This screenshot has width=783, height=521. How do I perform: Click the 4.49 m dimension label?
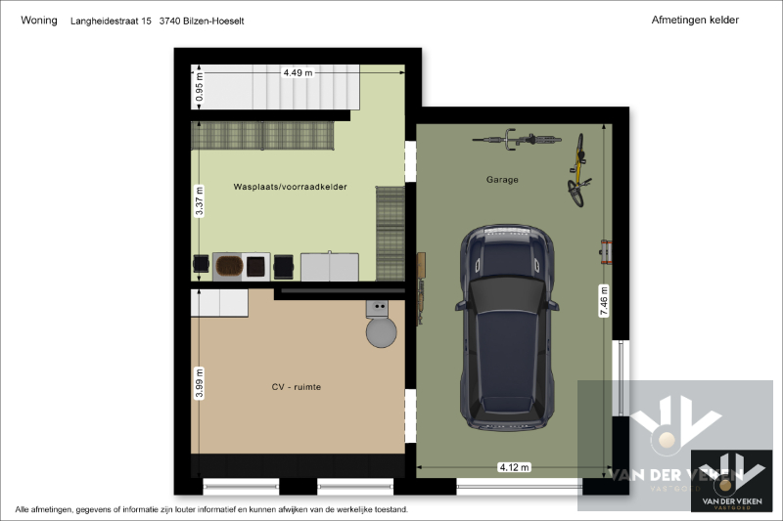pyautogui.click(x=299, y=72)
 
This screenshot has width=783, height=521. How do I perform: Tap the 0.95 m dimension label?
pyautogui.click(x=200, y=87)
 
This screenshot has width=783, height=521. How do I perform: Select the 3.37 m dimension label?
pyautogui.click(x=200, y=201)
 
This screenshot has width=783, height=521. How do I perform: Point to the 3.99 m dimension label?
pyautogui.click(x=200, y=383)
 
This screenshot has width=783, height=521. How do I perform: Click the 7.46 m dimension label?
pyautogui.click(x=604, y=301)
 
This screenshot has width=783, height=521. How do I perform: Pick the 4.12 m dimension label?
pyautogui.click(x=515, y=467)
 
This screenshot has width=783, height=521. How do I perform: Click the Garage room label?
pyautogui.click(x=502, y=180)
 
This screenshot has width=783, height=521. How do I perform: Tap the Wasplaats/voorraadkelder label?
pyautogui.click(x=290, y=187)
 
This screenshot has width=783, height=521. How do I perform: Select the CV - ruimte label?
pyautogui.click(x=297, y=387)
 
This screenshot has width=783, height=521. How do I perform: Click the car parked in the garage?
pyautogui.click(x=506, y=327)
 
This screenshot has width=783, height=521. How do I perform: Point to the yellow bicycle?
pyautogui.click(x=578, y=170)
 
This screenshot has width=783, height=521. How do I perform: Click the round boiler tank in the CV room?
pyautogui.click(x=381, y=332)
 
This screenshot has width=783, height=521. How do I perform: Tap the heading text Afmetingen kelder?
pyautogui.click(x=695, y=20)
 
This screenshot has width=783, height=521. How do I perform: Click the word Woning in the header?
pyautogui.click(x=39, y=21)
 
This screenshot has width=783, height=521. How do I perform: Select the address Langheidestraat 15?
pyautogui.click(x=111, y=21)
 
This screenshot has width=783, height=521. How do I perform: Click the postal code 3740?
pyautogui.click(x=169, y=21)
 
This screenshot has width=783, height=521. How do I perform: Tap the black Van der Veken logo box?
pyautogui.click(x=731, y=481)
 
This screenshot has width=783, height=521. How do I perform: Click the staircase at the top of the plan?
pyautogui.click(x=276, y=87)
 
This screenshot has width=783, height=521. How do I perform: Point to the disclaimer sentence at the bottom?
pyautogui.click(x=211, y=509)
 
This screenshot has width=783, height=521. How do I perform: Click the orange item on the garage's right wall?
pyautogui.click(x=606, y=252)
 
